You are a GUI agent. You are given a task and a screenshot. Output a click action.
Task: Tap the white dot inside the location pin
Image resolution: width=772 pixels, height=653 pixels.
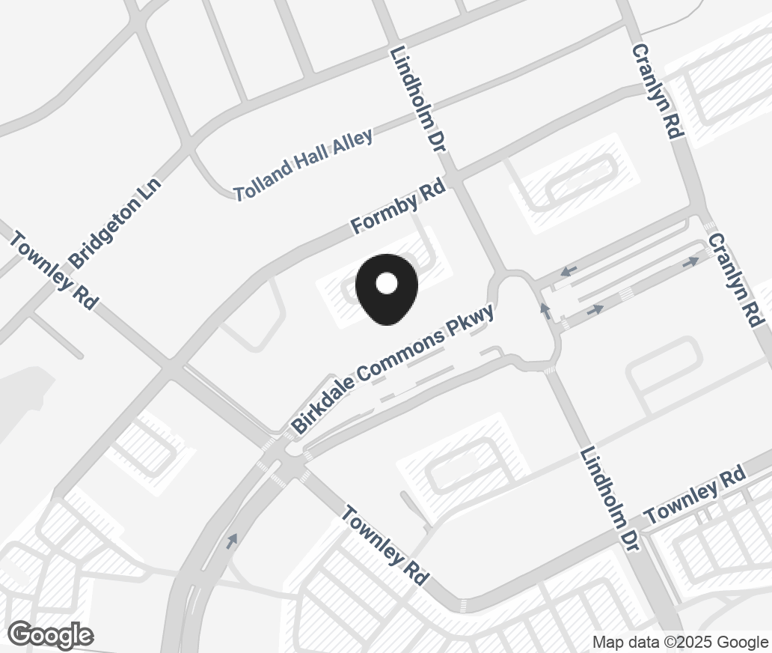[386, 283]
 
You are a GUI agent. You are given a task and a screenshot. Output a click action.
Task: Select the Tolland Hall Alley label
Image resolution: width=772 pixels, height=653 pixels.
[303, 165]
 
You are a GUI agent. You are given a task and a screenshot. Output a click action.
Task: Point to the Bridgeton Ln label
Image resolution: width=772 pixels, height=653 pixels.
[115, 222]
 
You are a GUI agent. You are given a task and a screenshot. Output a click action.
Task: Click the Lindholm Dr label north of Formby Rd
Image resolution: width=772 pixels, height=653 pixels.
[418, 100]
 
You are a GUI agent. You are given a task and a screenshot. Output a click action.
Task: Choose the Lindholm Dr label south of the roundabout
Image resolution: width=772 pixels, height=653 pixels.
[610, 499]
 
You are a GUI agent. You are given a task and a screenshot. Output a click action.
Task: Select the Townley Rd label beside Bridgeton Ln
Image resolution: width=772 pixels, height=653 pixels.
[54, 270]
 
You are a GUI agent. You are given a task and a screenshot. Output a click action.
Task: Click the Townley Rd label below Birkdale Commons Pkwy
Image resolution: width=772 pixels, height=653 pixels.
[385, 545]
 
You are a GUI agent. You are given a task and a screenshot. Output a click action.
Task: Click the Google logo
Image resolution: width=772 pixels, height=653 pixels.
[50, 636]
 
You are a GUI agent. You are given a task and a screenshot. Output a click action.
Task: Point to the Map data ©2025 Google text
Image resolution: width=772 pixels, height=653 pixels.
[680, 642]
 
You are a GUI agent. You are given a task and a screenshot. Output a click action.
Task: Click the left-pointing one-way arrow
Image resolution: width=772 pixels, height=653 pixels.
[568, 270]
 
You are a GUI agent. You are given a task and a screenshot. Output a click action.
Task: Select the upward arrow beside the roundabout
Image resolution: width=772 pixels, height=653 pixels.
[545, 309]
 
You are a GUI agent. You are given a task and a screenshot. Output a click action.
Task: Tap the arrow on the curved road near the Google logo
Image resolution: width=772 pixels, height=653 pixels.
[233, 540]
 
